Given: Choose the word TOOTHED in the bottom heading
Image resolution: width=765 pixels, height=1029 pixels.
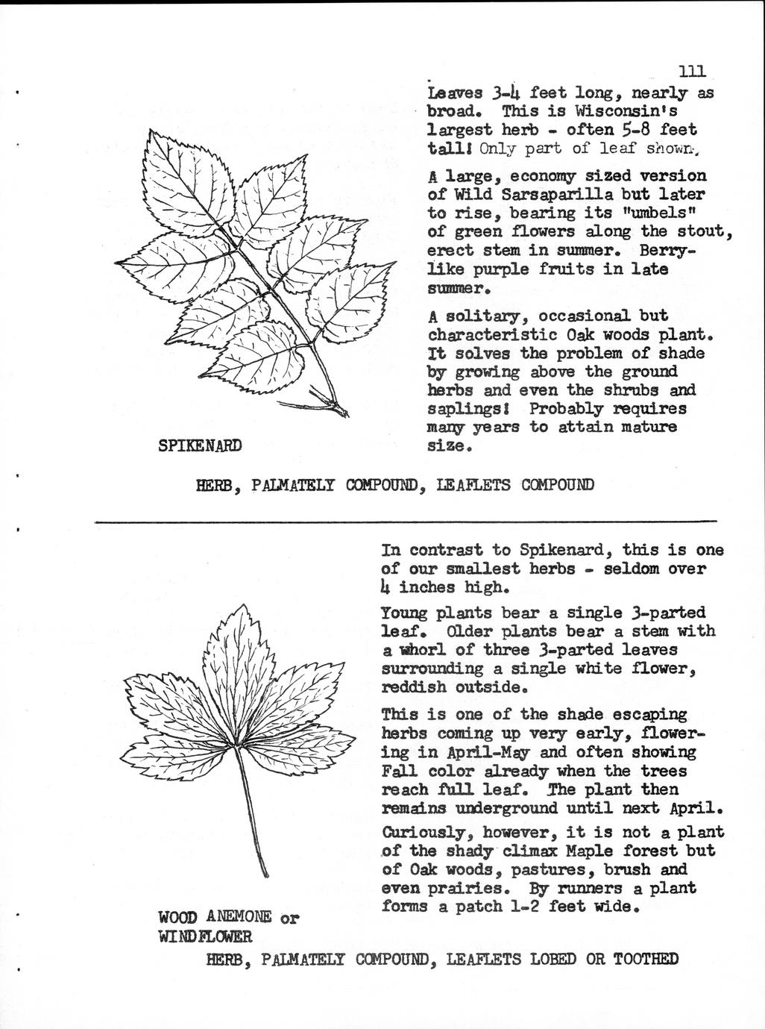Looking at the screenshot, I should pos(646,959).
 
